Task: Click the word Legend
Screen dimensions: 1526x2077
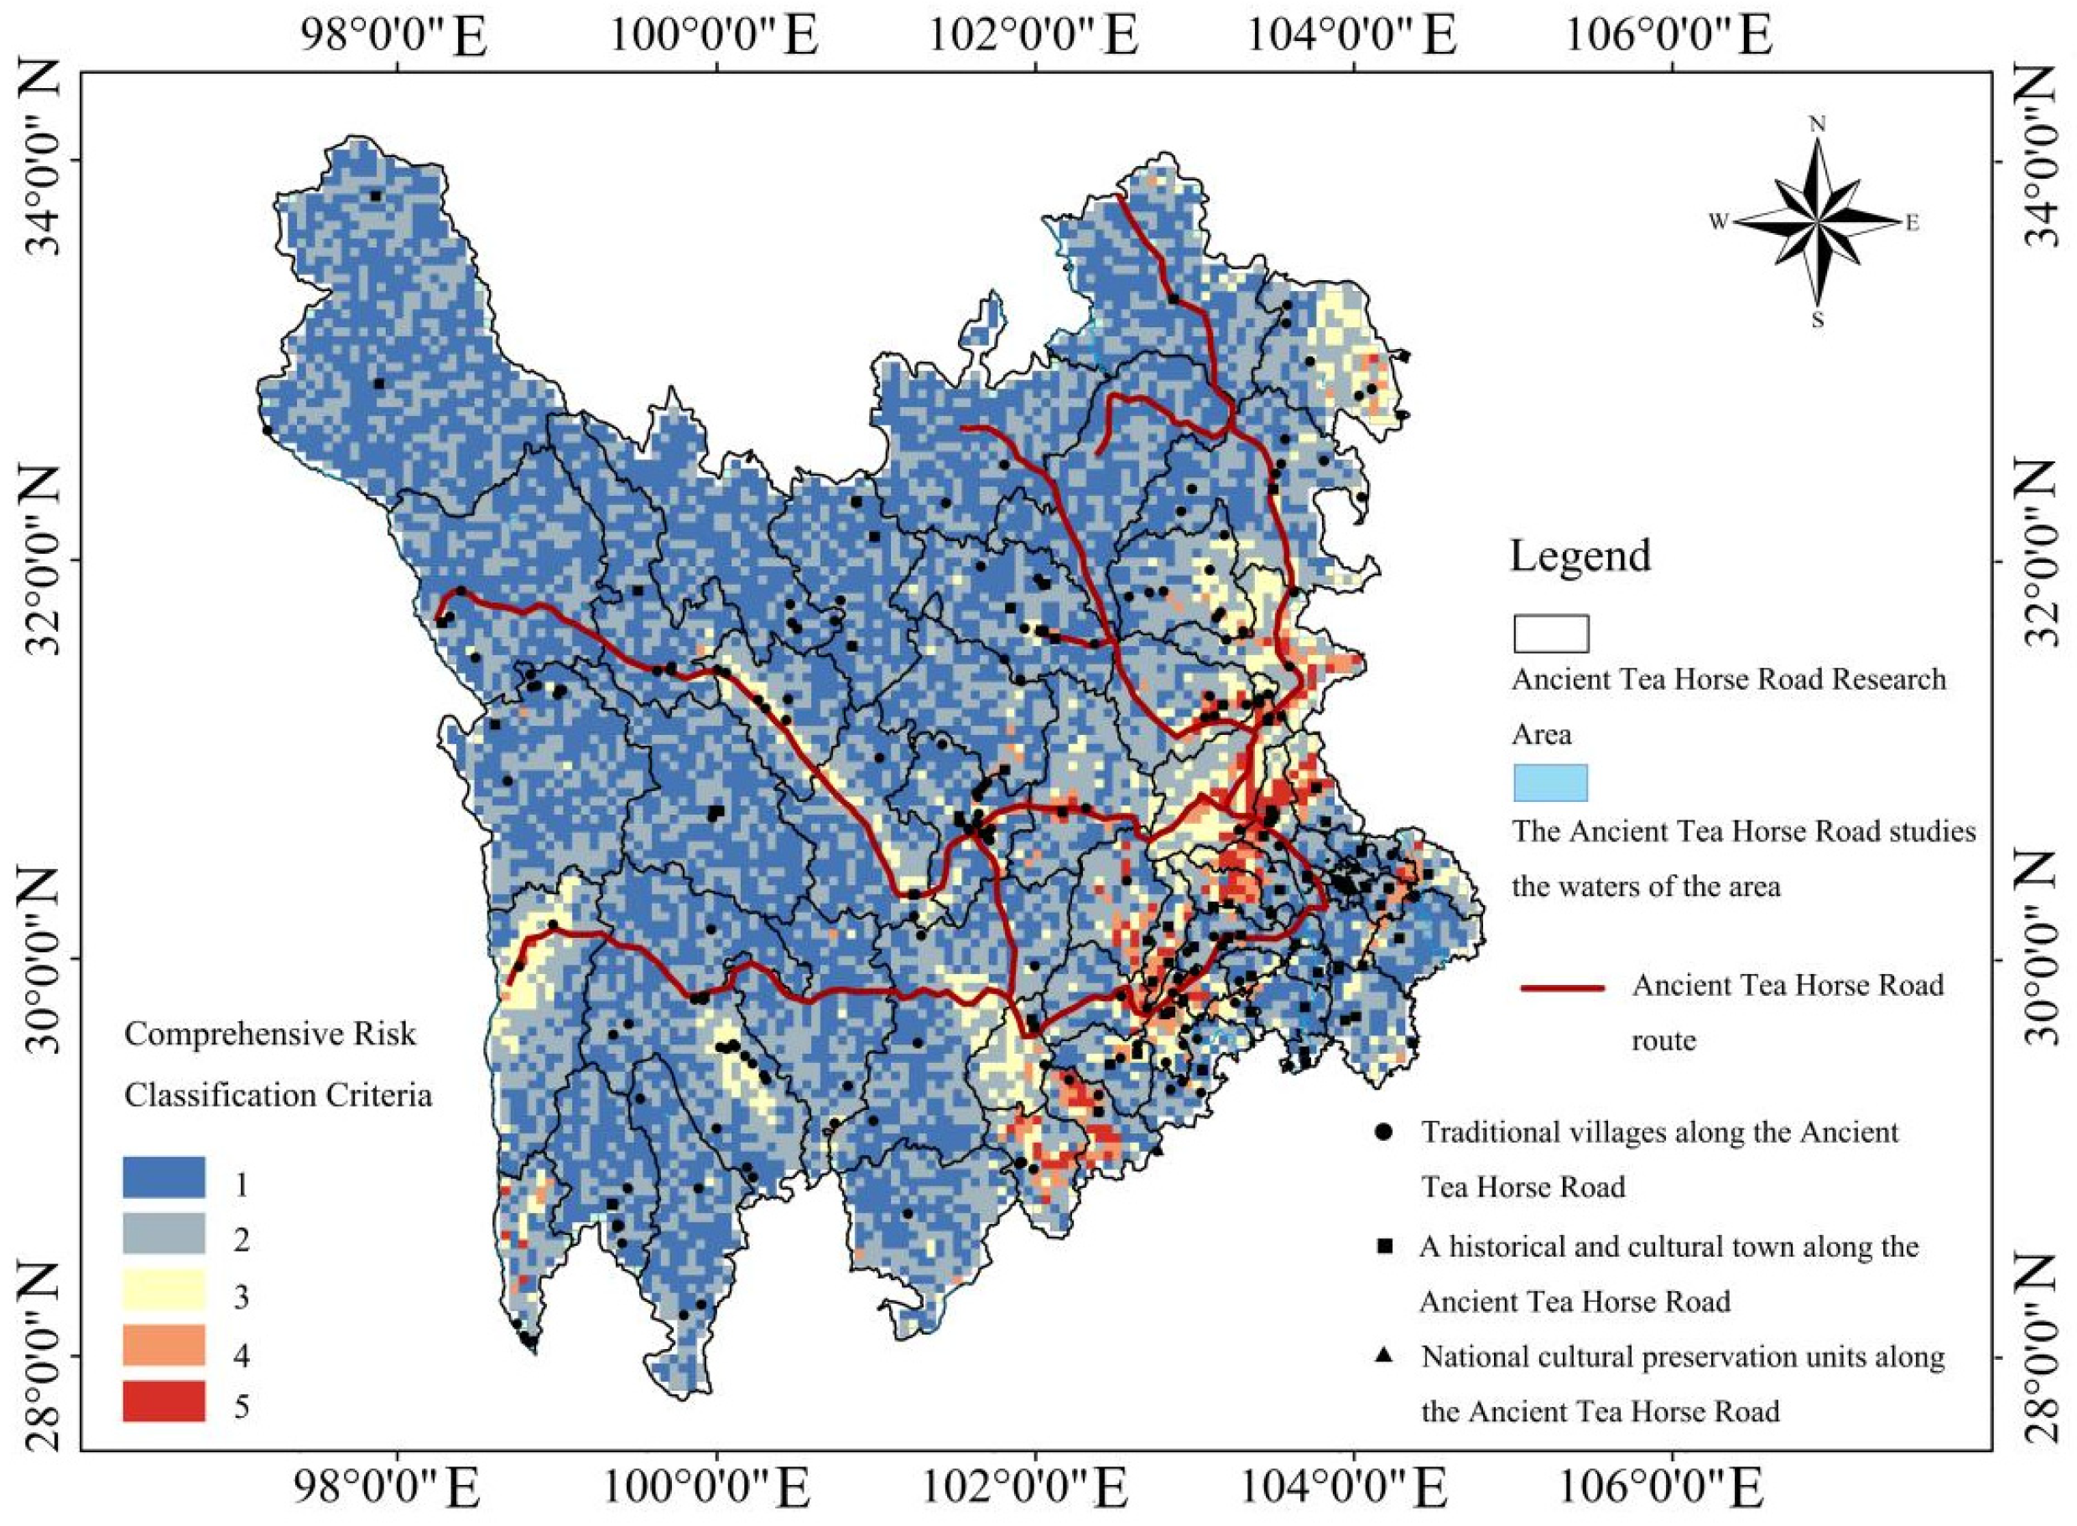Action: pyautogui.click(x=1580, y=557)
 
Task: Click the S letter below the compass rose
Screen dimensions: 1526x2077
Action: pyautogui.click(x=1818, y=320)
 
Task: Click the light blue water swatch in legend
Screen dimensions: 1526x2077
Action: pyautogui.click(x=1550, y=782)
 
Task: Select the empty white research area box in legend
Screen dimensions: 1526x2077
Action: pyautogui.click(x=1550, y=633)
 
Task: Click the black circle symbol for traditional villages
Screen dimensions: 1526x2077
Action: pyautogui.click(x=1382, y=1132)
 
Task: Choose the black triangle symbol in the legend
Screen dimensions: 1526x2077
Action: pyautogui.click(x=1382, y=1355)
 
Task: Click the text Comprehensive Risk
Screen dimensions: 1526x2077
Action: pyautogui.click(x=269, y=1034)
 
